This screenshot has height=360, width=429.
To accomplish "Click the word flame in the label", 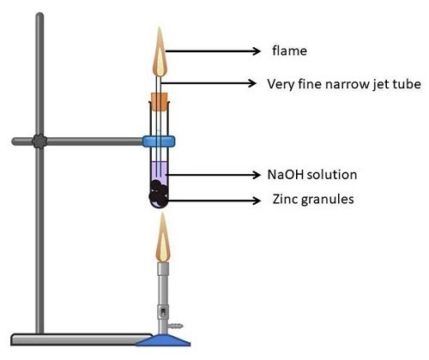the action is click(289, 51).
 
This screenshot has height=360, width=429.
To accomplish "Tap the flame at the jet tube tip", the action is click(160, 52).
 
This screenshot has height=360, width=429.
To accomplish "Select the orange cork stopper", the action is click(160, 102).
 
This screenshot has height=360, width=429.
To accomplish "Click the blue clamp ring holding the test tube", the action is click(159, 141).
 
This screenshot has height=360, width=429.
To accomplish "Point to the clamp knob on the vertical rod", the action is click(39, 141).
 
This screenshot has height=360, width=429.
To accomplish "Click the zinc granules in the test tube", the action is click(158, 194).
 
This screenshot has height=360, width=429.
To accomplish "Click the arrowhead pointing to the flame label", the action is click(257, 51).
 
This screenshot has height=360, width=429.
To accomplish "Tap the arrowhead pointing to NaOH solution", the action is click(257, 175).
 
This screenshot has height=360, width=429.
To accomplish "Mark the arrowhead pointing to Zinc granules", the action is click(257, 201).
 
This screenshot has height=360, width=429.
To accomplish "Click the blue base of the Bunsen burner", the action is click(163, 340).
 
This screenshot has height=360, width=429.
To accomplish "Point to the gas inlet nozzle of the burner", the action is click(176, 326).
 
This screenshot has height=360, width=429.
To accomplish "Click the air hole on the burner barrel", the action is click(163, 312).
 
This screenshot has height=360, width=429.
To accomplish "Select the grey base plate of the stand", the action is click(82, 339).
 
